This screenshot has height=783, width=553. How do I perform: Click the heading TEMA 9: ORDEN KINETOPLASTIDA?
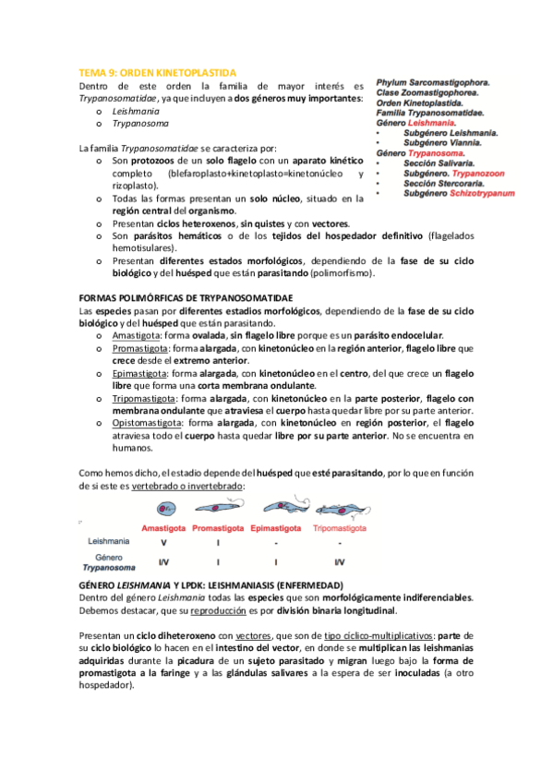point(158,71)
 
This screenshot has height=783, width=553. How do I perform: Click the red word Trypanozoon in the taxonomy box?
point(476,173)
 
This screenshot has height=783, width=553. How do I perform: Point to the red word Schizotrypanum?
point(478,193)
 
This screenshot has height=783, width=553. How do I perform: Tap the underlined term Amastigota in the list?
point(134,336)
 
